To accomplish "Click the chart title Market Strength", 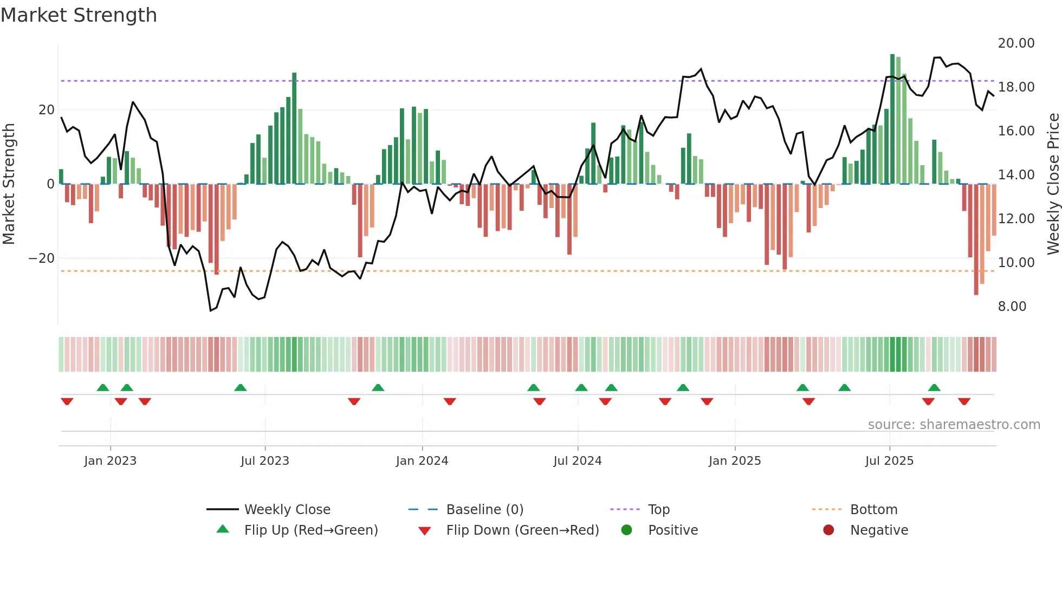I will (x=79, y=15).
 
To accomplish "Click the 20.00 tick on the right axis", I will (x=1016, y=43).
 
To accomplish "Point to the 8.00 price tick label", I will (x=1012, y=307).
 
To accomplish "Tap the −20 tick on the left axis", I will (x=42, y=258).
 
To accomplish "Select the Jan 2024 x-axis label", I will (x=422, y=461).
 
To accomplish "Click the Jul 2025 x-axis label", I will (x=889, y=461).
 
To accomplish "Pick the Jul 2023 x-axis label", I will (x=265, y=461).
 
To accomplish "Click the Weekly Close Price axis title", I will (x=1053, y=184).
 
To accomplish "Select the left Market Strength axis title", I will (x=9, y=184).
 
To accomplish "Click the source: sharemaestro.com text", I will (x=954, y=425).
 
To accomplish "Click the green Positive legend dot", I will (x=627, y=530).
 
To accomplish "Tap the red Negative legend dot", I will (x=828, y=530).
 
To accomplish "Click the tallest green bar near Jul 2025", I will (x=892, y=119).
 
